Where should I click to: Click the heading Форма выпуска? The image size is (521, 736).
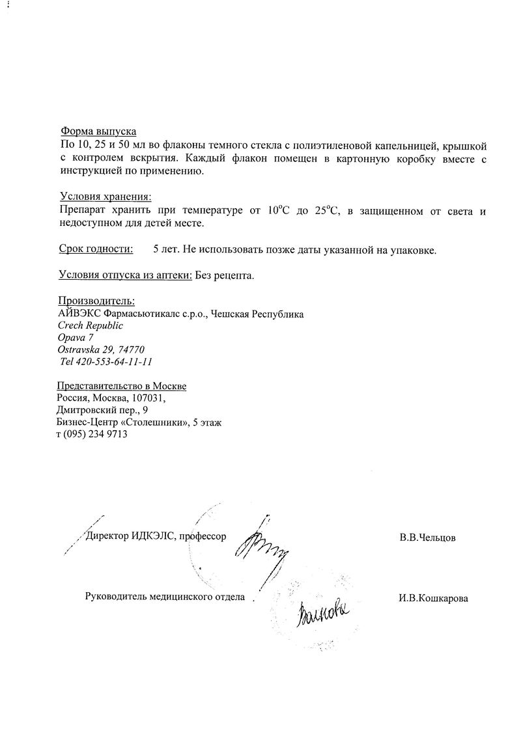click(x=98, y=131)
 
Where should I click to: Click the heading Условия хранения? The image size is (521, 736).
click(x=106, y=196)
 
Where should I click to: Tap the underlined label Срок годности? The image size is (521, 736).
click(x=96, y=249)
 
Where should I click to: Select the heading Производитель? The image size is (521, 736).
click(x=97, y=301)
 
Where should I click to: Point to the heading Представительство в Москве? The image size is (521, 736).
click(x=122, y=386)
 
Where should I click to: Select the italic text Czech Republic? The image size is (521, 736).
click(x=91, y=325)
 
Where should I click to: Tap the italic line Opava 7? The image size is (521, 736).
click(x=76, y=337)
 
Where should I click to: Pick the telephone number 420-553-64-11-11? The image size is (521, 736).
click(x=116, y=362)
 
